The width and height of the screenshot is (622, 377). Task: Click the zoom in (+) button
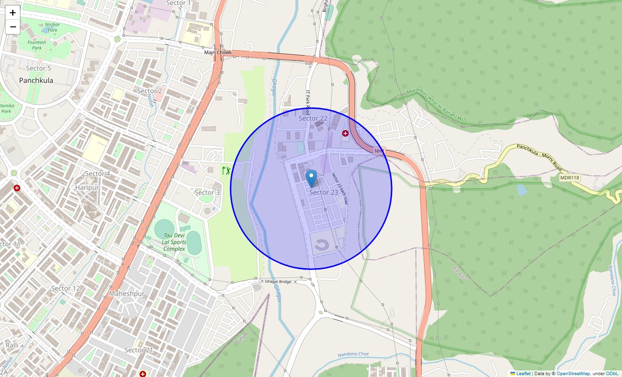click(13, 13)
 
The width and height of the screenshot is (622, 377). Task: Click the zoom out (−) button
click(13, 27)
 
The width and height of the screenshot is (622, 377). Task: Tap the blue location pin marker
click(311, 179)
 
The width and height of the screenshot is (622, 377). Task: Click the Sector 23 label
click(324, 192)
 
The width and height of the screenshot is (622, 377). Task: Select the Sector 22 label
click(313, 118)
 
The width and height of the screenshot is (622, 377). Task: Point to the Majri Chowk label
click(218, 52)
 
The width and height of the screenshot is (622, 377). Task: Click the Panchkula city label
click(36, 81)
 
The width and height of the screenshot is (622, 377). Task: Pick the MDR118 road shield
click(569, 178)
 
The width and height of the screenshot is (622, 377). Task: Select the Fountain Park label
click(37, 45)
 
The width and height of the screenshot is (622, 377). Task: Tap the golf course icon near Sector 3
click(226, 170)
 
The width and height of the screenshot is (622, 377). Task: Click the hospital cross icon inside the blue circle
click(345, 133)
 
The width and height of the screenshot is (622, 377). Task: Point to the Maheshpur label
click(127, 294)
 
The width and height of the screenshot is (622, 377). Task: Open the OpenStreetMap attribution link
click(573, 374)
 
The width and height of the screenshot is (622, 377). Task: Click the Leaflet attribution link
click(523, 374)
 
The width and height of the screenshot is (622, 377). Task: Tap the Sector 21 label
click(139, 350)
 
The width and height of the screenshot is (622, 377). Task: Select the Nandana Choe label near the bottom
click(353, 354)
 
